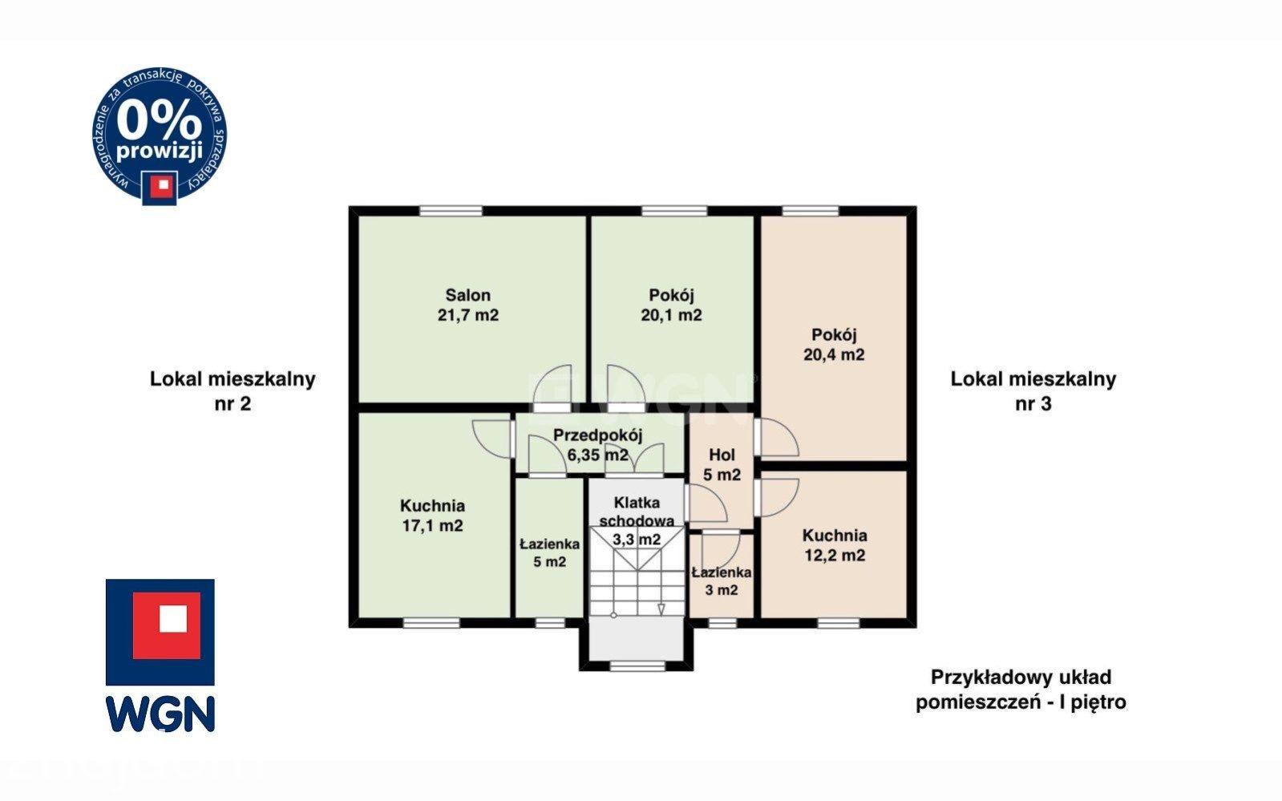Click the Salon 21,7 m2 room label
tap(467, 305)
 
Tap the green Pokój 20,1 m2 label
tap(671, 305)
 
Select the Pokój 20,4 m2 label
tap(834, 345)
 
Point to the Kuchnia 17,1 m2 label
tap(432, 516)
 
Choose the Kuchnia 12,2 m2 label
tap(835, 546)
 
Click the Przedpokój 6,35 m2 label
tap(597, 445)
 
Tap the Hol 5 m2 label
tap(722, 464)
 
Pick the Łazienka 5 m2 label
tap(549, 552)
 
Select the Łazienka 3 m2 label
tap(721, 581)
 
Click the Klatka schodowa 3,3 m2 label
tap(637, 520)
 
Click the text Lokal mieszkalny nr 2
tap(233, 391)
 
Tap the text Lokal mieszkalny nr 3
tap(1033, 391)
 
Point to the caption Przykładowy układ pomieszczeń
tap(1021, 690)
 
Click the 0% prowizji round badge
tap(159, 136)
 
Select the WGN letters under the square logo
tap(160, 714)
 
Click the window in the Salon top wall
tap(451, 211)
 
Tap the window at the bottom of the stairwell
tap(637, 665)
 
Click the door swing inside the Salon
tap(552, 384)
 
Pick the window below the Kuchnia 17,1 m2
tap(431, 623)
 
